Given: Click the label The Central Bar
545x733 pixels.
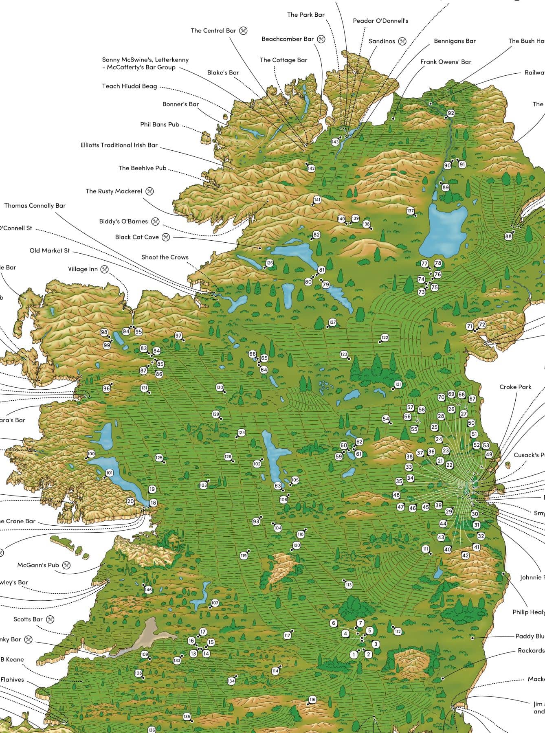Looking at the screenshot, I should pyautogui.click(x=213, y=31).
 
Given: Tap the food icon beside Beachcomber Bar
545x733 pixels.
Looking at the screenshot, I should pyautogui.click(x=321, y=39).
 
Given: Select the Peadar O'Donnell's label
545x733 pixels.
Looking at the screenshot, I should pyautogui.click(x=380, y=21).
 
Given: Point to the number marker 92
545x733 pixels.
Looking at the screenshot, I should pyautogui.click(x=451, y=113).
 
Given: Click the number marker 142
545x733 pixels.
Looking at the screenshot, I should pyautogui.click(x=311, y=168).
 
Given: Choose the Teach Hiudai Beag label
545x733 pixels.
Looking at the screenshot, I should pyautogui.click(x=130, y=86).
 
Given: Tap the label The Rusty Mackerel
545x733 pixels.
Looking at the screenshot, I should pyautogui.click(x=114, y=191).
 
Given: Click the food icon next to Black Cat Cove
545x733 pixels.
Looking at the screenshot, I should pyautogui.click(x=165, y=237).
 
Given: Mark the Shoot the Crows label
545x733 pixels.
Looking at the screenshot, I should pyautogui.click(x=165, y=257).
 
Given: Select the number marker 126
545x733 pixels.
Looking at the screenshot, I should pyautogui.click(x=269, y=263).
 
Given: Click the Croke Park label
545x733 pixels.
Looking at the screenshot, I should pyautogui.click(x=515, y=387).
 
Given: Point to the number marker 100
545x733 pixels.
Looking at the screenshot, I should pyautogui.click(x=91, y=454).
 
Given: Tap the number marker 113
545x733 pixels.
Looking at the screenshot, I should pyautogui.click(x=349, y=585).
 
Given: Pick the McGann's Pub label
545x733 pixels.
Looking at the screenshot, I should pyautogui.click(x=38, y=565).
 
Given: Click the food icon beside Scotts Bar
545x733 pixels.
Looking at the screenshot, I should pyautogui.click(x=50, y=619).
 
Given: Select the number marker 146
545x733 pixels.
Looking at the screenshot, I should pyautogui.click(x=148, y=590).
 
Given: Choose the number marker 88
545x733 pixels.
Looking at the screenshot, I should pyautogui.click(x=508, y=237).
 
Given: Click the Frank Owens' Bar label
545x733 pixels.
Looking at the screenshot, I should pyautogui.click(x=446, y=62).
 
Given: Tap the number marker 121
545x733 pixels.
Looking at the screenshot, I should pyautogui.click(x=398, y=384).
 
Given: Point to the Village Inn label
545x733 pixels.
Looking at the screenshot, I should pyautogui.click(x=83, y=269).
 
